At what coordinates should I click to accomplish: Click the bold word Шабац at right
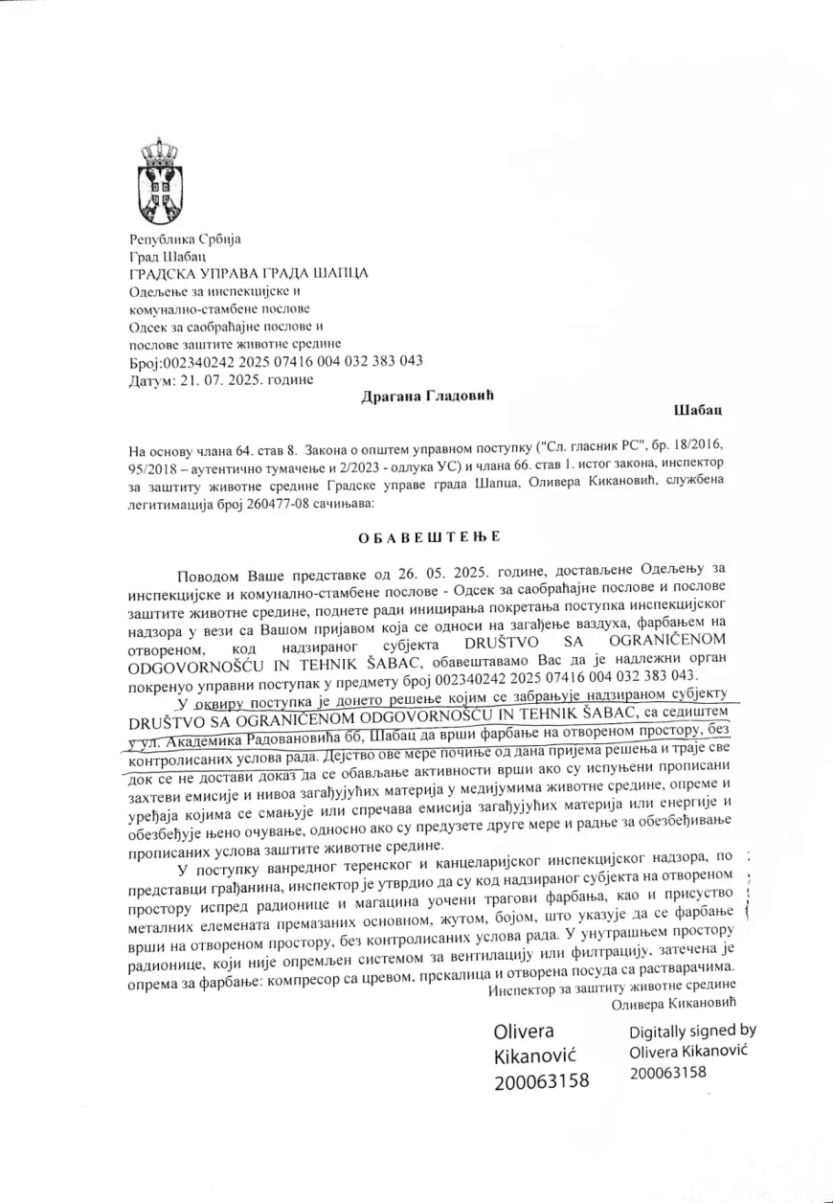pos(698,411)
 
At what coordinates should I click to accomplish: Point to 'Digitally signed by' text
pos(692,1031)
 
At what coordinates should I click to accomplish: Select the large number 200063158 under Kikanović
pos(542,1081)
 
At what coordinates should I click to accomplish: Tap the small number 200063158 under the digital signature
pos(667,1073)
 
